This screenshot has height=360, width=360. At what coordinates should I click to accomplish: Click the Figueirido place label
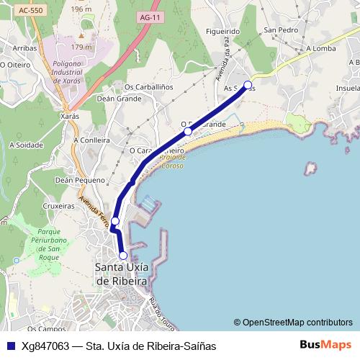[x=222, y=32]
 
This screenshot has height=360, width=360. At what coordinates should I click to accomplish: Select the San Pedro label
[x=281, y=30]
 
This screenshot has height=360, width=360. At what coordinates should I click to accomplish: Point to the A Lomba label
[x=321, y=49]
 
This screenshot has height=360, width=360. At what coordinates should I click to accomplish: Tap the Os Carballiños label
[x=150, y=88]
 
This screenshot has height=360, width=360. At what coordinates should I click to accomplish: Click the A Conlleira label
[x=92, y=140]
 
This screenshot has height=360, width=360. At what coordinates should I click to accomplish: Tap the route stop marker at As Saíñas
[x=248, y=86]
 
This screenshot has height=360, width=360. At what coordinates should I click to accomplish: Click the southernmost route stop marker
[x=123, y=256]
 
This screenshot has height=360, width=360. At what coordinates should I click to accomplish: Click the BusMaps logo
[x=326, y=346]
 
